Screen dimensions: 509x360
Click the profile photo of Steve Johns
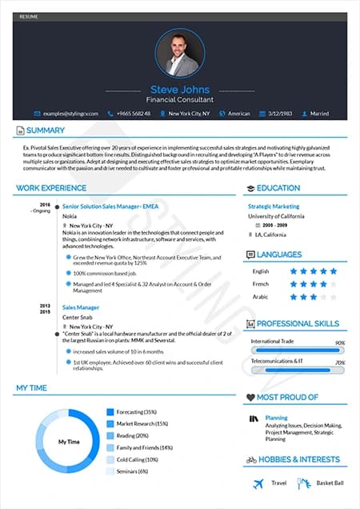tap(179, 54)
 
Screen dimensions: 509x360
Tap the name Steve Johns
tap(179, 90)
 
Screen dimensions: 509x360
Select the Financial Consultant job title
tap(179, 101)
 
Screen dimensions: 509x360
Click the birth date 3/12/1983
tap(282, 114)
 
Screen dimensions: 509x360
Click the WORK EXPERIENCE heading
tap(51, 188)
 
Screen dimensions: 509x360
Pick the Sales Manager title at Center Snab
tap(80, 307)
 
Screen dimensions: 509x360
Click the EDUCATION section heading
tap(278, 188)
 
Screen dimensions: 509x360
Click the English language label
tap(260, 271)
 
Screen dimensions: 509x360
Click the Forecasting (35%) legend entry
tap(136, 411)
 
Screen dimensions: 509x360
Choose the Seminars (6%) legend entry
tap(132, 471)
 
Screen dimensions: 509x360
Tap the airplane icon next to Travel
tap(258, 483)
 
